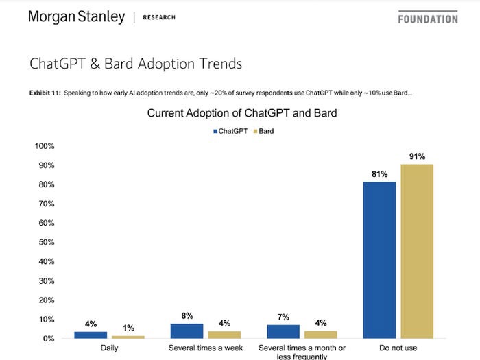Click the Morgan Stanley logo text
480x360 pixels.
[x=76, y=17]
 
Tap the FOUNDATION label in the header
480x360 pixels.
[x=427, y=19]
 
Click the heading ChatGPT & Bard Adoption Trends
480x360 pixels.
[x=135, y=64]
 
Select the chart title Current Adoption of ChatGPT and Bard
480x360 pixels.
[x=242, y=113]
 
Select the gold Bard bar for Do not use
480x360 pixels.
[x=417, y=251]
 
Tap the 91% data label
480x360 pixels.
[x=417, y=157]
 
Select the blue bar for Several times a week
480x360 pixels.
[x=187, y=331]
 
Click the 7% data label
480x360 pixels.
[x=283, y=317]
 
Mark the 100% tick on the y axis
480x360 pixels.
[x=44, y=146]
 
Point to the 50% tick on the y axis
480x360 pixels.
[x=45, y=242]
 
